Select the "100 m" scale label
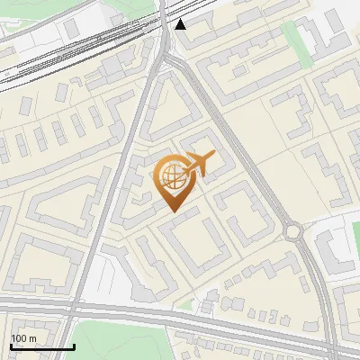click(24, 338)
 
